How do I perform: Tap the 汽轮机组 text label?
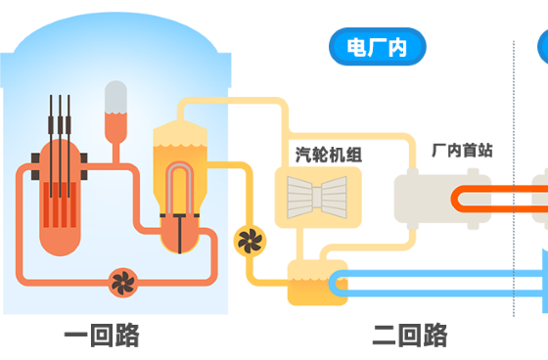click(329, 154)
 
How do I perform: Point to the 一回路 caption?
click(102, 336)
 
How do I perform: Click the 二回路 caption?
click(409, 336)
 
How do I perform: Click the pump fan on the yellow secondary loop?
click(248, 239)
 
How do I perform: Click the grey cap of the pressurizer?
click(115, 95)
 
